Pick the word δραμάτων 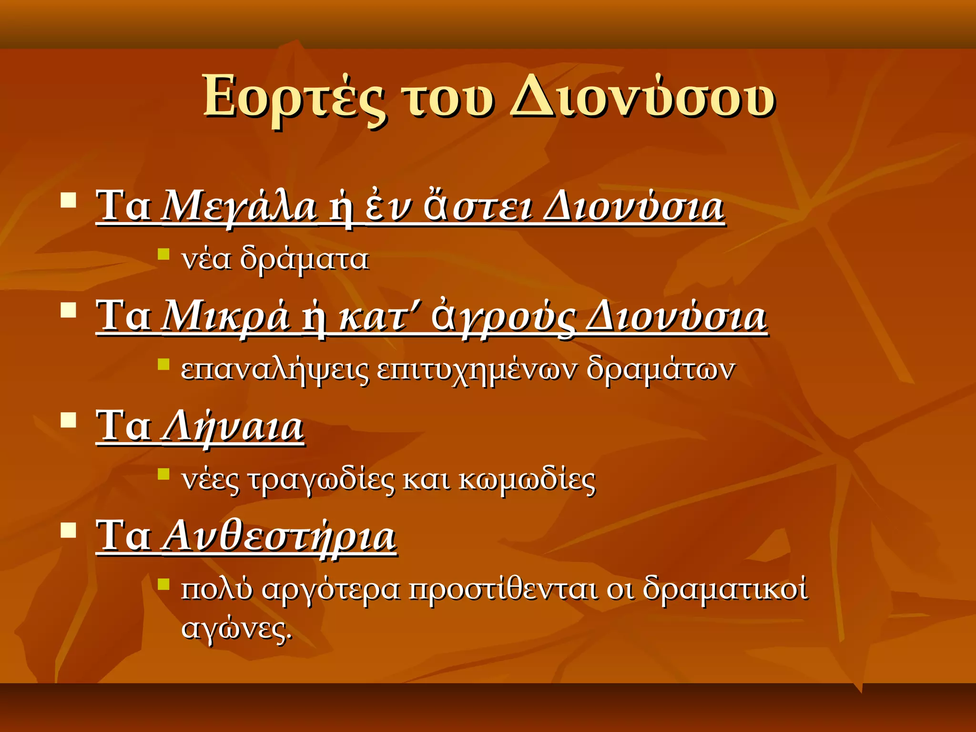[661, 369]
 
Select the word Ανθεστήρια [279, 537]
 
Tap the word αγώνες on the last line [236, 629]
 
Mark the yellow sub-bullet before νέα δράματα [163, 254]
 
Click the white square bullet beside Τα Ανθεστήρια [69, 530]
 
